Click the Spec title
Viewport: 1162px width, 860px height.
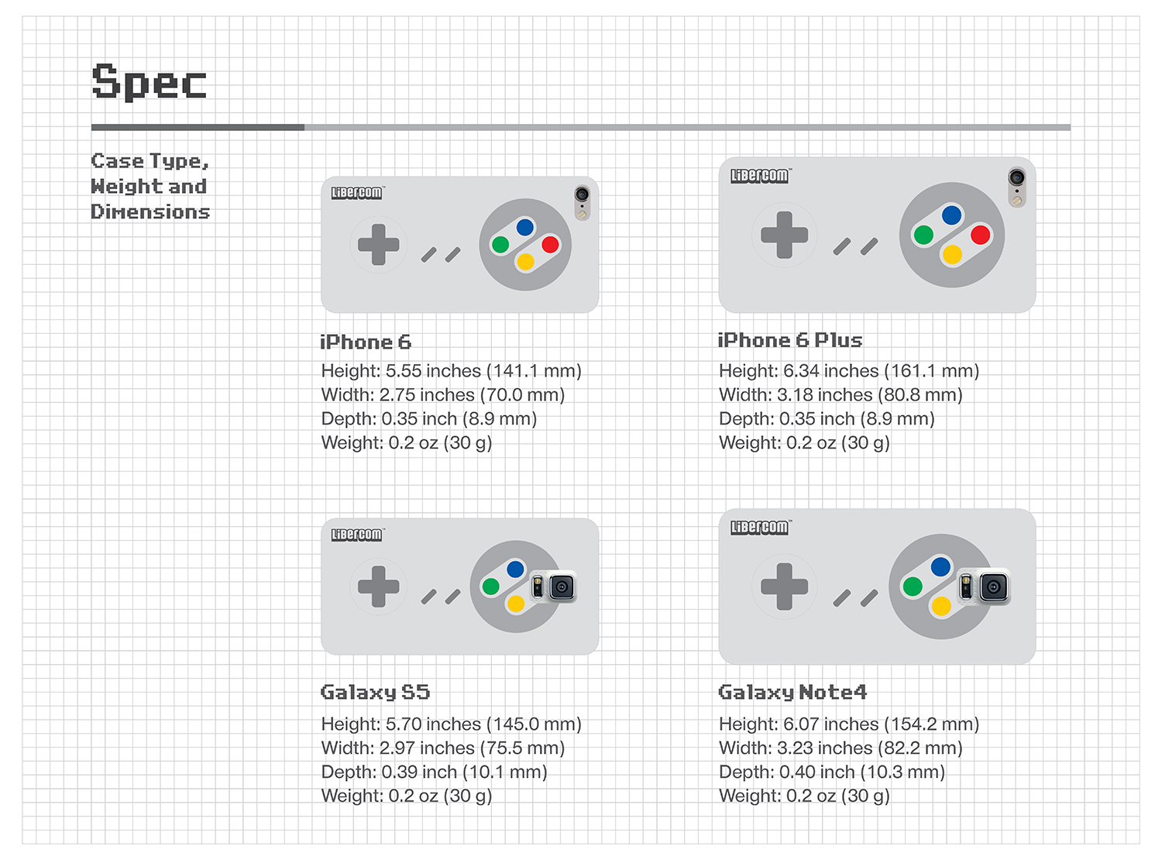[150, 81]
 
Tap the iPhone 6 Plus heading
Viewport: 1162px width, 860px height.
[789, 340]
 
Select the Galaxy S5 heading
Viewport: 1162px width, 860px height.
[375, 693]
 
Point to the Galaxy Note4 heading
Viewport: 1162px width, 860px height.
[792, 693]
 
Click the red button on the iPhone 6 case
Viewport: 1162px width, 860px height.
[550, 244]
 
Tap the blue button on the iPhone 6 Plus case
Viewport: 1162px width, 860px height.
[951, 215]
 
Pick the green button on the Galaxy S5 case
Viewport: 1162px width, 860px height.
[490, 587]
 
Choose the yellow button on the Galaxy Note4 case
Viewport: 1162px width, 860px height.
[941, 607]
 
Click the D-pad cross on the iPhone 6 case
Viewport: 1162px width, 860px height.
[378, 244]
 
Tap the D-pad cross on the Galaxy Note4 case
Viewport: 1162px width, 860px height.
[784, 587]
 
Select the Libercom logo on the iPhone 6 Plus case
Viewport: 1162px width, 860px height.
[760, 176]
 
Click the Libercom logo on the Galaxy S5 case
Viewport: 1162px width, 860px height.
[357, 535]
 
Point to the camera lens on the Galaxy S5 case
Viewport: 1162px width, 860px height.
[562, 587]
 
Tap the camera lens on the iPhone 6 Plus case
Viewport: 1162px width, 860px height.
[1017, 177]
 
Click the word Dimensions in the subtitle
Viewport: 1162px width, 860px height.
[150, 212]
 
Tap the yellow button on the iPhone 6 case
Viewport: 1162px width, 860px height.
[525, 262]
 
